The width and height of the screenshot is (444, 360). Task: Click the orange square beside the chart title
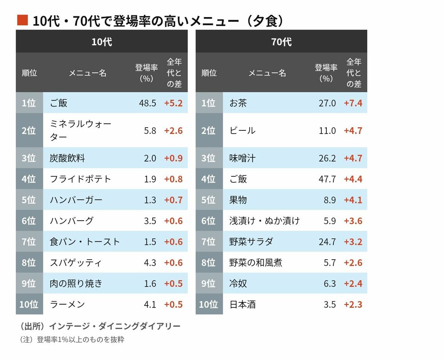22,21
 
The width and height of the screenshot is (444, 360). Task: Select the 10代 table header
102,42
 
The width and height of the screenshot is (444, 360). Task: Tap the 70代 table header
281,42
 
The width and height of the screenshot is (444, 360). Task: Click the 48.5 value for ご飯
147,103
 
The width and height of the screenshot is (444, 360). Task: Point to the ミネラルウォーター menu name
81,130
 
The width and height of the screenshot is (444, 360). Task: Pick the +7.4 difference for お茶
353,103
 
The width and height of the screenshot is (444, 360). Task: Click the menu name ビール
242,130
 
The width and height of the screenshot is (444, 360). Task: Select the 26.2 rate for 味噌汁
327,158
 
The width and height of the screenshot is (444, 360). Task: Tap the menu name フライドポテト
81,179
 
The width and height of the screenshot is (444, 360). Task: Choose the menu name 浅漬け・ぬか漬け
264,221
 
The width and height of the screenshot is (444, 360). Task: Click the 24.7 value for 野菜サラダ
327,242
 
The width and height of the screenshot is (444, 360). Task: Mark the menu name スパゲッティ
76,263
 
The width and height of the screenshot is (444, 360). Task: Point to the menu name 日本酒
242,304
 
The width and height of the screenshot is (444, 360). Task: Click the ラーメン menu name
67,304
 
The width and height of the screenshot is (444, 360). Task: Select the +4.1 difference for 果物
353,200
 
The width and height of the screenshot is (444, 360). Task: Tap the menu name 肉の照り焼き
76,283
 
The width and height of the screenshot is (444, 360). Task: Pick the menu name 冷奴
238,283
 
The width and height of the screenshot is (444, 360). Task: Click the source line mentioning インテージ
100,326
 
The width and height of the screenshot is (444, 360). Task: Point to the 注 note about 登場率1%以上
72,339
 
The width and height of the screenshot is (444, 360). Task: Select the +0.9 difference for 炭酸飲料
173,158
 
